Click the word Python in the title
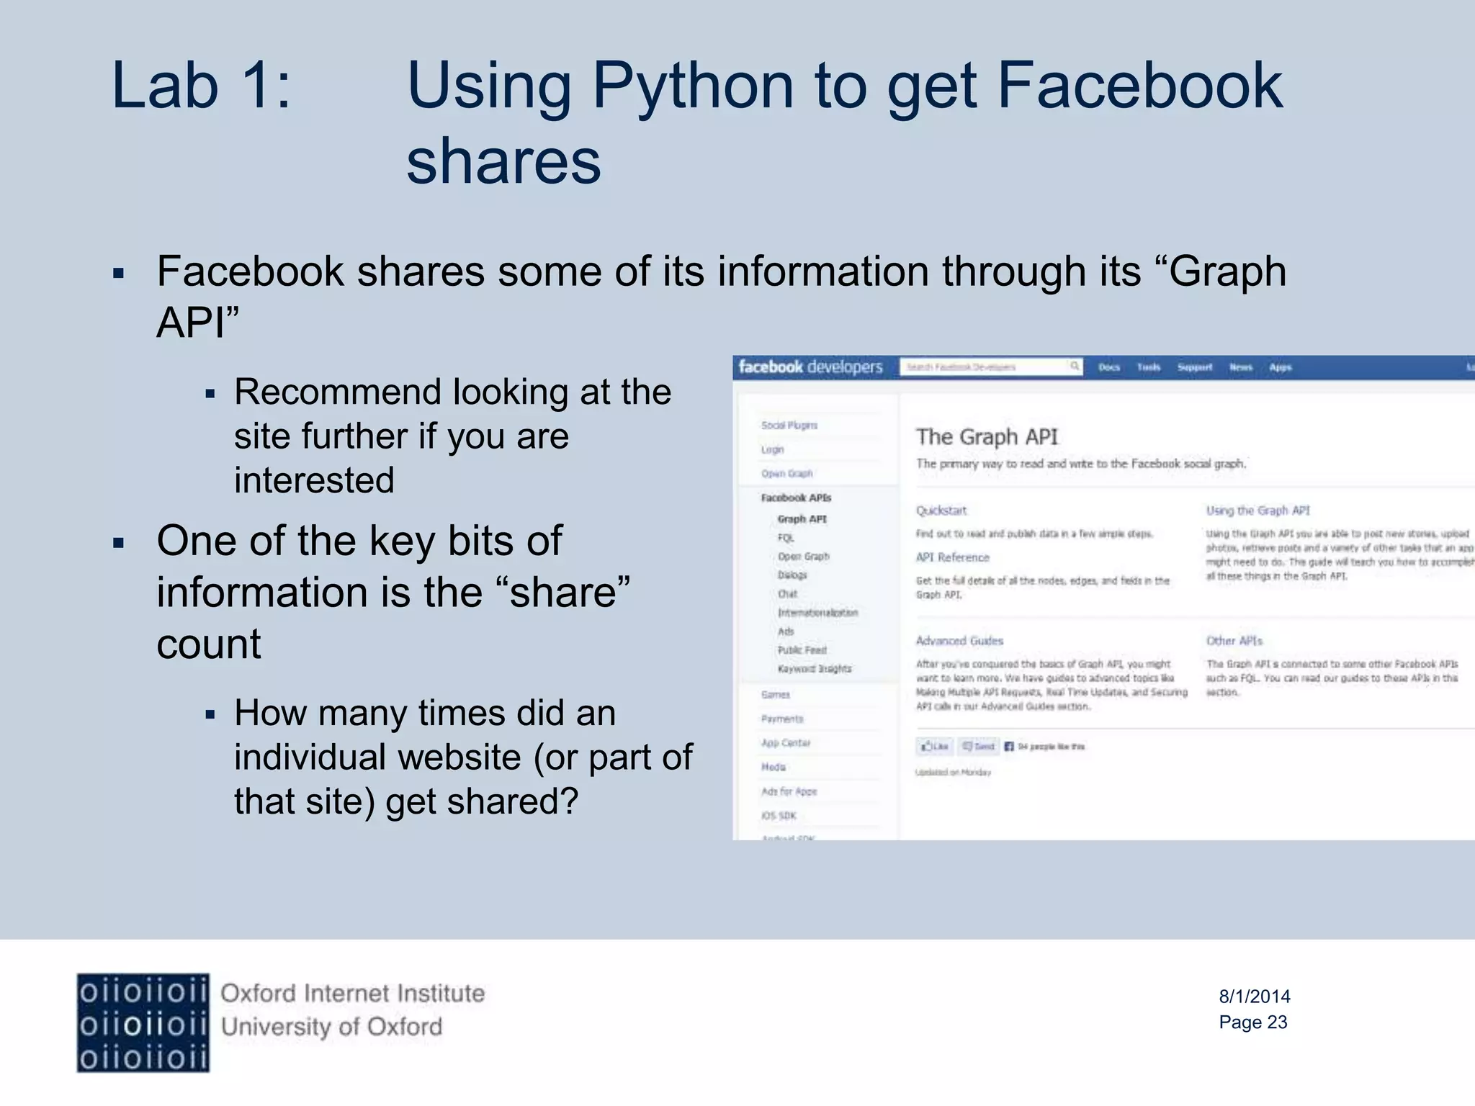coord(693,86)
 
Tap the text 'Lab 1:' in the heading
coord(201,86)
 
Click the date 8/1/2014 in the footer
coord(1254,997)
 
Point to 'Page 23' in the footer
coord(1252,1022)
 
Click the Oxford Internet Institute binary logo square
coord(143,1022)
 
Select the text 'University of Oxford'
coord(331,1027)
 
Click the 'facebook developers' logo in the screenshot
coord(810,367)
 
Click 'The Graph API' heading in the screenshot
coord(987,437)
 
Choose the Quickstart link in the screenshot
coord(941,511)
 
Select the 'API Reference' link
coord(952,557)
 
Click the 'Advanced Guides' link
coord(959,641)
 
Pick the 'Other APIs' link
coord(1234,641)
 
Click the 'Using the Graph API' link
coord(1257,511)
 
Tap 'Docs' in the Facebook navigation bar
coord(1109,367)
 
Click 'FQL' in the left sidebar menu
coord(786,538)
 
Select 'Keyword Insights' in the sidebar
coord(814,669)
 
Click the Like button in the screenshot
coord(935,747)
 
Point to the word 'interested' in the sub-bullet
coord(314,480)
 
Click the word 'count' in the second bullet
coord(209,644)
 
